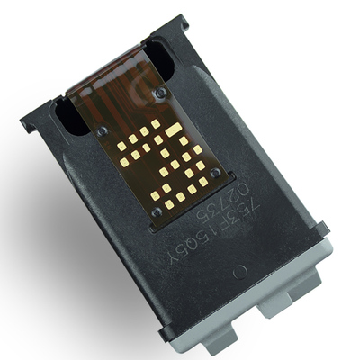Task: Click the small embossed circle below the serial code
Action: [238, 270]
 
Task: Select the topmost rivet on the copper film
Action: [161, 91]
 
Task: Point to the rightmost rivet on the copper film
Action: [215, 173]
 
